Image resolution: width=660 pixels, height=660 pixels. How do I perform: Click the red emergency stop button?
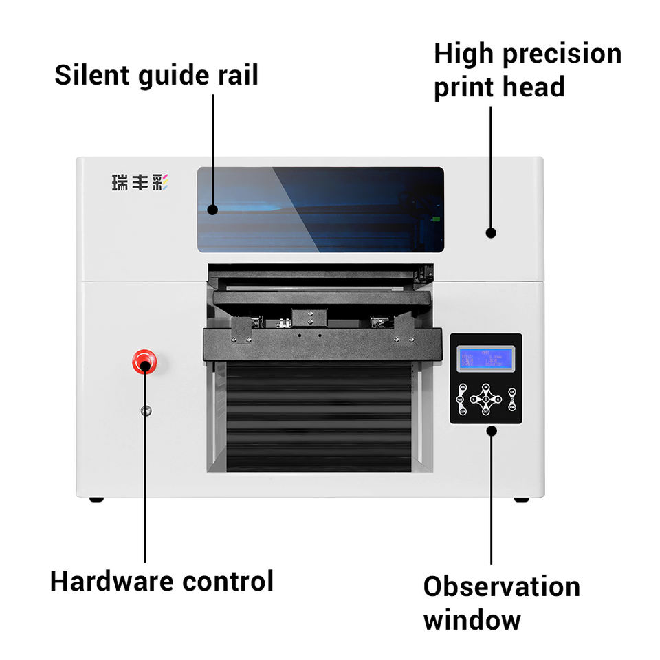[144, 361]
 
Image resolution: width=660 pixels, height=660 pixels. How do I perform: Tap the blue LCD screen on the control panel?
[486, 359]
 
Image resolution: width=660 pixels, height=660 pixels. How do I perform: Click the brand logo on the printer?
[140, 183]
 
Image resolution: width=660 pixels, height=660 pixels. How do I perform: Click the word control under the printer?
[228, 581]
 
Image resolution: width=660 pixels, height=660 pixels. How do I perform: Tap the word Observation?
[501, 587]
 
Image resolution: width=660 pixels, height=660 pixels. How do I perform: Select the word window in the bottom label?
[472, 620]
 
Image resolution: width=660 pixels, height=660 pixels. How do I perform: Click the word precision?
[566, 55]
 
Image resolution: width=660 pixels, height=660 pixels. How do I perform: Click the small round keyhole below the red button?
[145, 411]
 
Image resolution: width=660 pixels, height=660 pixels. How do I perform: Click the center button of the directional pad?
[486, 399]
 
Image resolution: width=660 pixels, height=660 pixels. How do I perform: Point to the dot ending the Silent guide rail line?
[213, 210]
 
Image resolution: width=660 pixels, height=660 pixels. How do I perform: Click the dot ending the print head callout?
[491, 233]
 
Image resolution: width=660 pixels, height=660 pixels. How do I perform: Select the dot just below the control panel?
[491, 431]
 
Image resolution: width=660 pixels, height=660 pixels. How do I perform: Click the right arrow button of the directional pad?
[498, 399]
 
